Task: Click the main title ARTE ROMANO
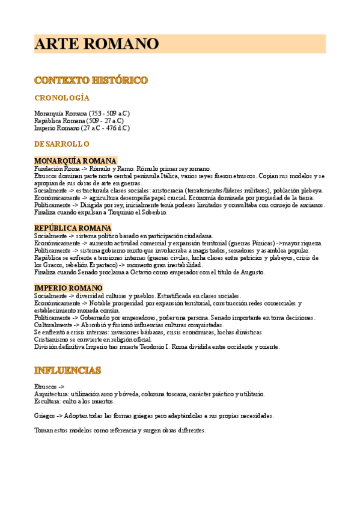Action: click(x=96, y=44)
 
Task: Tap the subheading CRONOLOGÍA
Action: click(x=62, y=97)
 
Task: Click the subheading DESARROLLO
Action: click(x=62, y=144)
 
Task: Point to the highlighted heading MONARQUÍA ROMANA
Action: click(x=75, y=161)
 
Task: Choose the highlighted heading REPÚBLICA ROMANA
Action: click(x=73, y=228)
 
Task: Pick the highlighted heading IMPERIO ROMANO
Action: click(x=69, y=288)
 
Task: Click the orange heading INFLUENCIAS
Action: click(x=67, y=369)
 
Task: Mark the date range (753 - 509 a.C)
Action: click(x=109, y=114)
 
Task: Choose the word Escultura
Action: click(x=47, y=401)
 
